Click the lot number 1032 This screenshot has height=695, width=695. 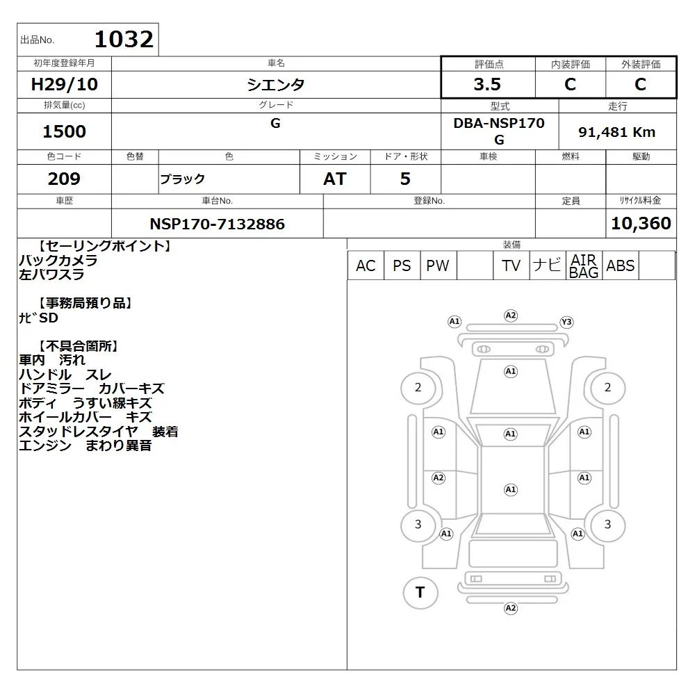(124, 39)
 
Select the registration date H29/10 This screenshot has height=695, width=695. (64, 84)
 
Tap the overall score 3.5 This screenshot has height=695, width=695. (487, 84)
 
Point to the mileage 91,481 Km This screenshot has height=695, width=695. (616, 132)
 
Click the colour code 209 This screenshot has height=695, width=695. (64, 179)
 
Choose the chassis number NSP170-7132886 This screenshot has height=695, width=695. (217, 224)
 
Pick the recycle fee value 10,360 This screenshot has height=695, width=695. (641, 223)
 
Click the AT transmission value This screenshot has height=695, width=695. (335, 179)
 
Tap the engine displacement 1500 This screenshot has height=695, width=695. (64, 131)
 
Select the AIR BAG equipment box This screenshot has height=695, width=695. (584, 265)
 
